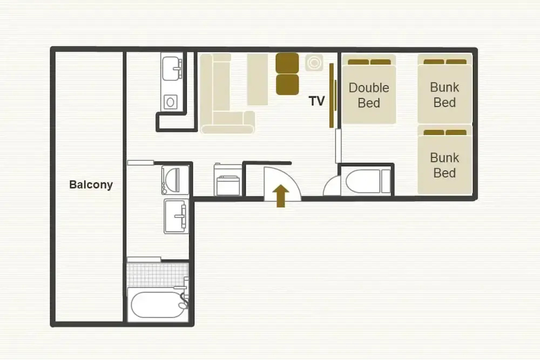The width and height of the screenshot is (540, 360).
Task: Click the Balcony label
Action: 91,185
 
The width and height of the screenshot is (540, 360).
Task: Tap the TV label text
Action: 316,101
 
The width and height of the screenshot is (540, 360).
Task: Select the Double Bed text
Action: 369,96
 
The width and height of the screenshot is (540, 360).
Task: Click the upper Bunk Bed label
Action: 444,94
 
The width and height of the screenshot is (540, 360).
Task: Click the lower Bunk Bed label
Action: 444,165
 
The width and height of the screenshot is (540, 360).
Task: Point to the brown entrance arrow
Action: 281,196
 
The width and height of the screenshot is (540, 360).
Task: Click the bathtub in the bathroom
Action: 158,305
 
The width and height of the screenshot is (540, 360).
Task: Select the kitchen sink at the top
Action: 172,69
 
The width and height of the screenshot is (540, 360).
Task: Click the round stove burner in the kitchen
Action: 170,102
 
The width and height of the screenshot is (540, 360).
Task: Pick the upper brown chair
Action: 287,63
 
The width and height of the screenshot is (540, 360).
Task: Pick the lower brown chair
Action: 287,85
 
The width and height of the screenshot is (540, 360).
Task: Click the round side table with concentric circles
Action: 314,63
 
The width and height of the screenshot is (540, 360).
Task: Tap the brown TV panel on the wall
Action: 332,96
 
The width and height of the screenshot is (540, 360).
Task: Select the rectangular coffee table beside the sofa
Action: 257,79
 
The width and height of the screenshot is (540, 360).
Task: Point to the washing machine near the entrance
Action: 228,180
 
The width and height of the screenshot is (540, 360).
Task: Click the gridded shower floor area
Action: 158,274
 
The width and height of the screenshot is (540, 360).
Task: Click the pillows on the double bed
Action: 369,62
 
